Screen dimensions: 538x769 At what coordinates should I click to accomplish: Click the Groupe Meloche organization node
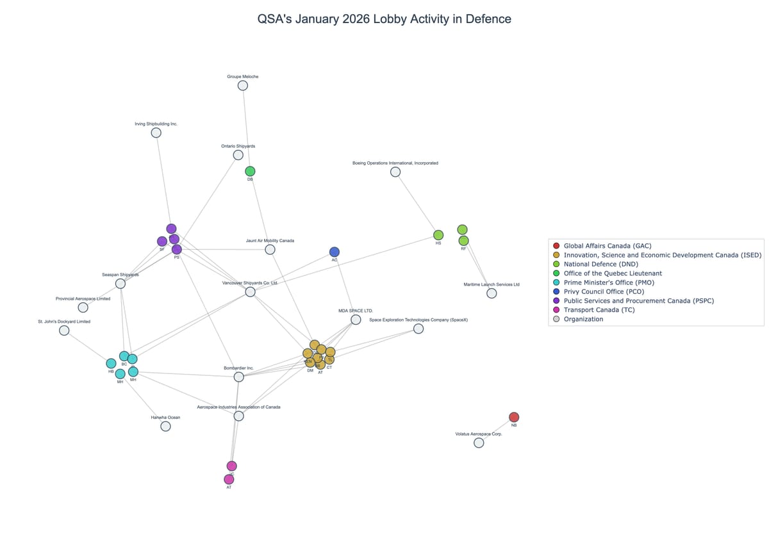click(x=243, y=86)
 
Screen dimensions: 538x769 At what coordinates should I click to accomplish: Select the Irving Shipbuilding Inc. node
click(x=156, y=133)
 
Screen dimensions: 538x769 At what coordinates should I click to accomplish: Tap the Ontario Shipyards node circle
click(x=238, y=155)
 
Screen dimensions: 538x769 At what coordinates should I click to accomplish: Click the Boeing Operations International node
click(x=395, y=172)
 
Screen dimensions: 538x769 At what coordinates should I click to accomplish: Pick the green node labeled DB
click(x=250, y=171)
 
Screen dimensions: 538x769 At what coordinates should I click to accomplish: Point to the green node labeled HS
click(x=438, y=235)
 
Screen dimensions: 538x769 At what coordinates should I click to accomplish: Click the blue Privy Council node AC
click(x=335, y=252)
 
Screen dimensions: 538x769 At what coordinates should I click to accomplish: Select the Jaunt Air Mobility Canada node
click(x=270, y=250)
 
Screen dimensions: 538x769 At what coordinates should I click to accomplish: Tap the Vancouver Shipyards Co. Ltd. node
click(x=250, y=292)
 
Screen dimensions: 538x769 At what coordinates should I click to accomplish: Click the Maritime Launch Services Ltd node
click(x=492, y=293)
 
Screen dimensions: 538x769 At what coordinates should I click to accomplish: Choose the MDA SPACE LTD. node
click(x=356, y=320)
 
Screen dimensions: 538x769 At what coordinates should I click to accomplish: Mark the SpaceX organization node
click(x=418, y=329)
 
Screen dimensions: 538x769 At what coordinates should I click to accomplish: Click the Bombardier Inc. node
click(x=239, y=377)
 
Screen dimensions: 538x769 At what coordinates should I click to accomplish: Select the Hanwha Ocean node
click(x=165, y=426)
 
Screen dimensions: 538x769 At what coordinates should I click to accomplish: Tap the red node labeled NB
click(x=514, y=418)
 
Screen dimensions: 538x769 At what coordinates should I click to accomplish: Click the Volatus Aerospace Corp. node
click(x=479, y=443)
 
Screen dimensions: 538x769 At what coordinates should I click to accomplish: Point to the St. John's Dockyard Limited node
click(x=64, y=330)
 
